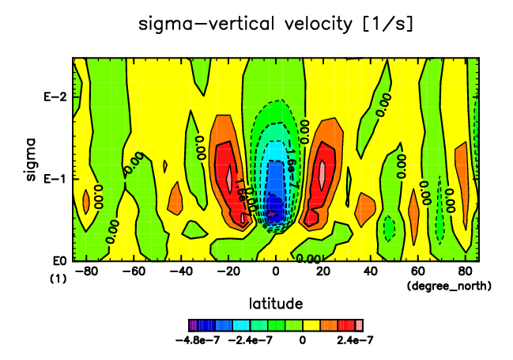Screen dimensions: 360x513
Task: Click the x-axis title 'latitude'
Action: click(276, 303)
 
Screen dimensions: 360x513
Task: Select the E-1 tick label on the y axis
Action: click(53, 178)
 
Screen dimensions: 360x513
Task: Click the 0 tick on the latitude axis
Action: click(276, 271)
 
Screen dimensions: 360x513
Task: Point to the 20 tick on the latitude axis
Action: click(323, 271)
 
